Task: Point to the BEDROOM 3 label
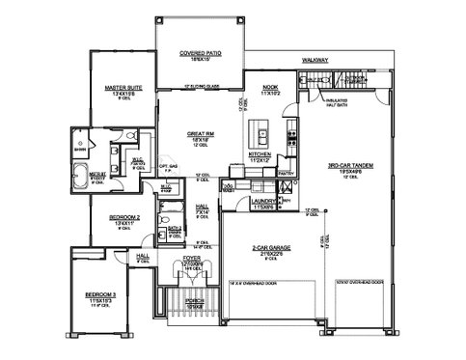98,291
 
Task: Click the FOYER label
192,259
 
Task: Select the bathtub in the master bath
81,178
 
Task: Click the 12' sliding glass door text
200,88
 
